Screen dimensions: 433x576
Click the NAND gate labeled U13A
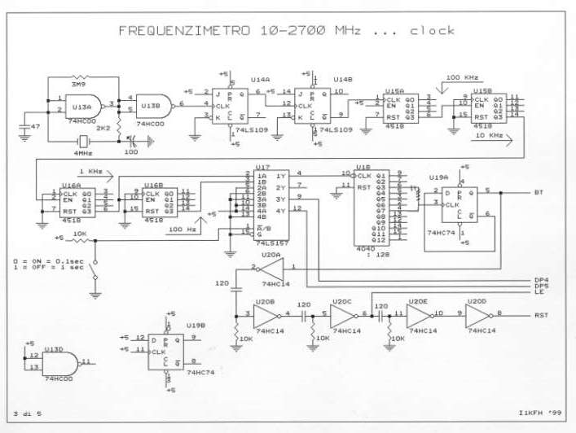click(x=81, y=106)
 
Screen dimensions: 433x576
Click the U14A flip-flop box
click(x=229, y=106)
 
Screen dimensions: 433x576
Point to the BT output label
click(x=539, y=194)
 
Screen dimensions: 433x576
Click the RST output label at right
click(x=540, y=314)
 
